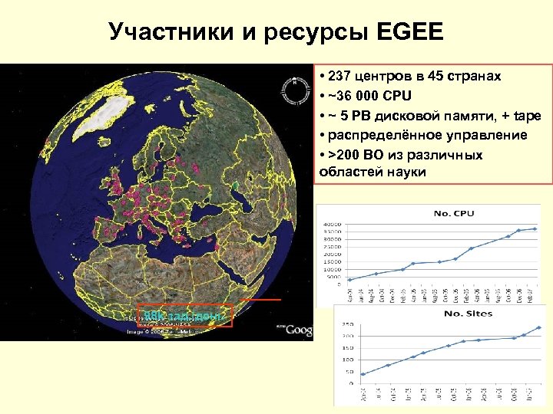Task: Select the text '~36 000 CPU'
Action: coord(368,96)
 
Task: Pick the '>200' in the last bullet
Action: coord(343,155)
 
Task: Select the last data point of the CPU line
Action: coord(535,228)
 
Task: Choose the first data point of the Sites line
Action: coord(363,374)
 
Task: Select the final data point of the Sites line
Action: coord(538,327)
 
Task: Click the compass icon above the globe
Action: coord(292,90)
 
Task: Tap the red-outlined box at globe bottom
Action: coord(184,315)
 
